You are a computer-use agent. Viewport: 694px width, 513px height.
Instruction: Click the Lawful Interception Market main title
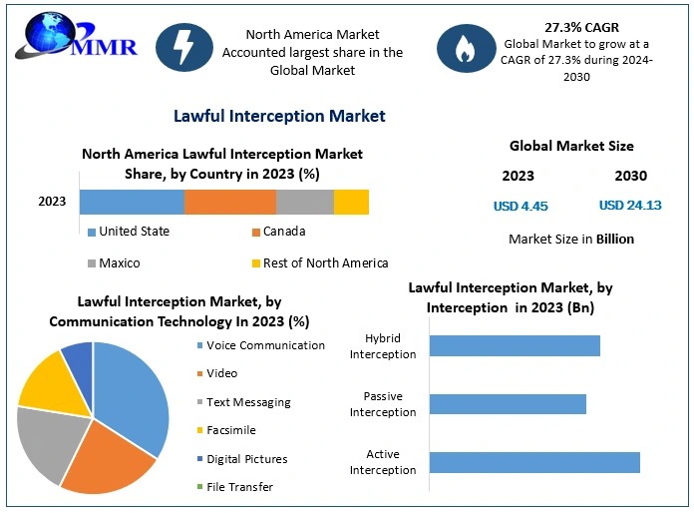coord(279,116)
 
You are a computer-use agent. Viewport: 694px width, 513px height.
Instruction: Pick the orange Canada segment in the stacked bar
coord(229,202)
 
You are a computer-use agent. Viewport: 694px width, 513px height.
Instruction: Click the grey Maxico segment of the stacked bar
coord(304,202)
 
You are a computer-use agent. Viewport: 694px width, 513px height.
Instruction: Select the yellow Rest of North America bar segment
coord(351,202)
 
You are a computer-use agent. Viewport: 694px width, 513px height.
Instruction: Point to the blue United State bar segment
coord(132,202)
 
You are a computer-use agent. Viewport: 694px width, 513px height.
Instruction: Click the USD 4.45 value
coord(520,207)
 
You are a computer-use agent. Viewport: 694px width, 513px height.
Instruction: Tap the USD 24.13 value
coord(630,207)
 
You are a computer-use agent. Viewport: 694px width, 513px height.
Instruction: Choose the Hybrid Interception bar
coord(515,345)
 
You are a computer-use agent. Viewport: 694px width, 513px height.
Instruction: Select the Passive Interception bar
coord(508,403)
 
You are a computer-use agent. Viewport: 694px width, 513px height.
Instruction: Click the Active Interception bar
coord(534,462)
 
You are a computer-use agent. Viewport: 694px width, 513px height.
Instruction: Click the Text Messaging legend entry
coord(248,402)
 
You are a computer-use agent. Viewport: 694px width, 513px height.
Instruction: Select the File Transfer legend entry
coord(239,487)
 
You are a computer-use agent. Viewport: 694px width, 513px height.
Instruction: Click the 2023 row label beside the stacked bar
coord(52,202)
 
